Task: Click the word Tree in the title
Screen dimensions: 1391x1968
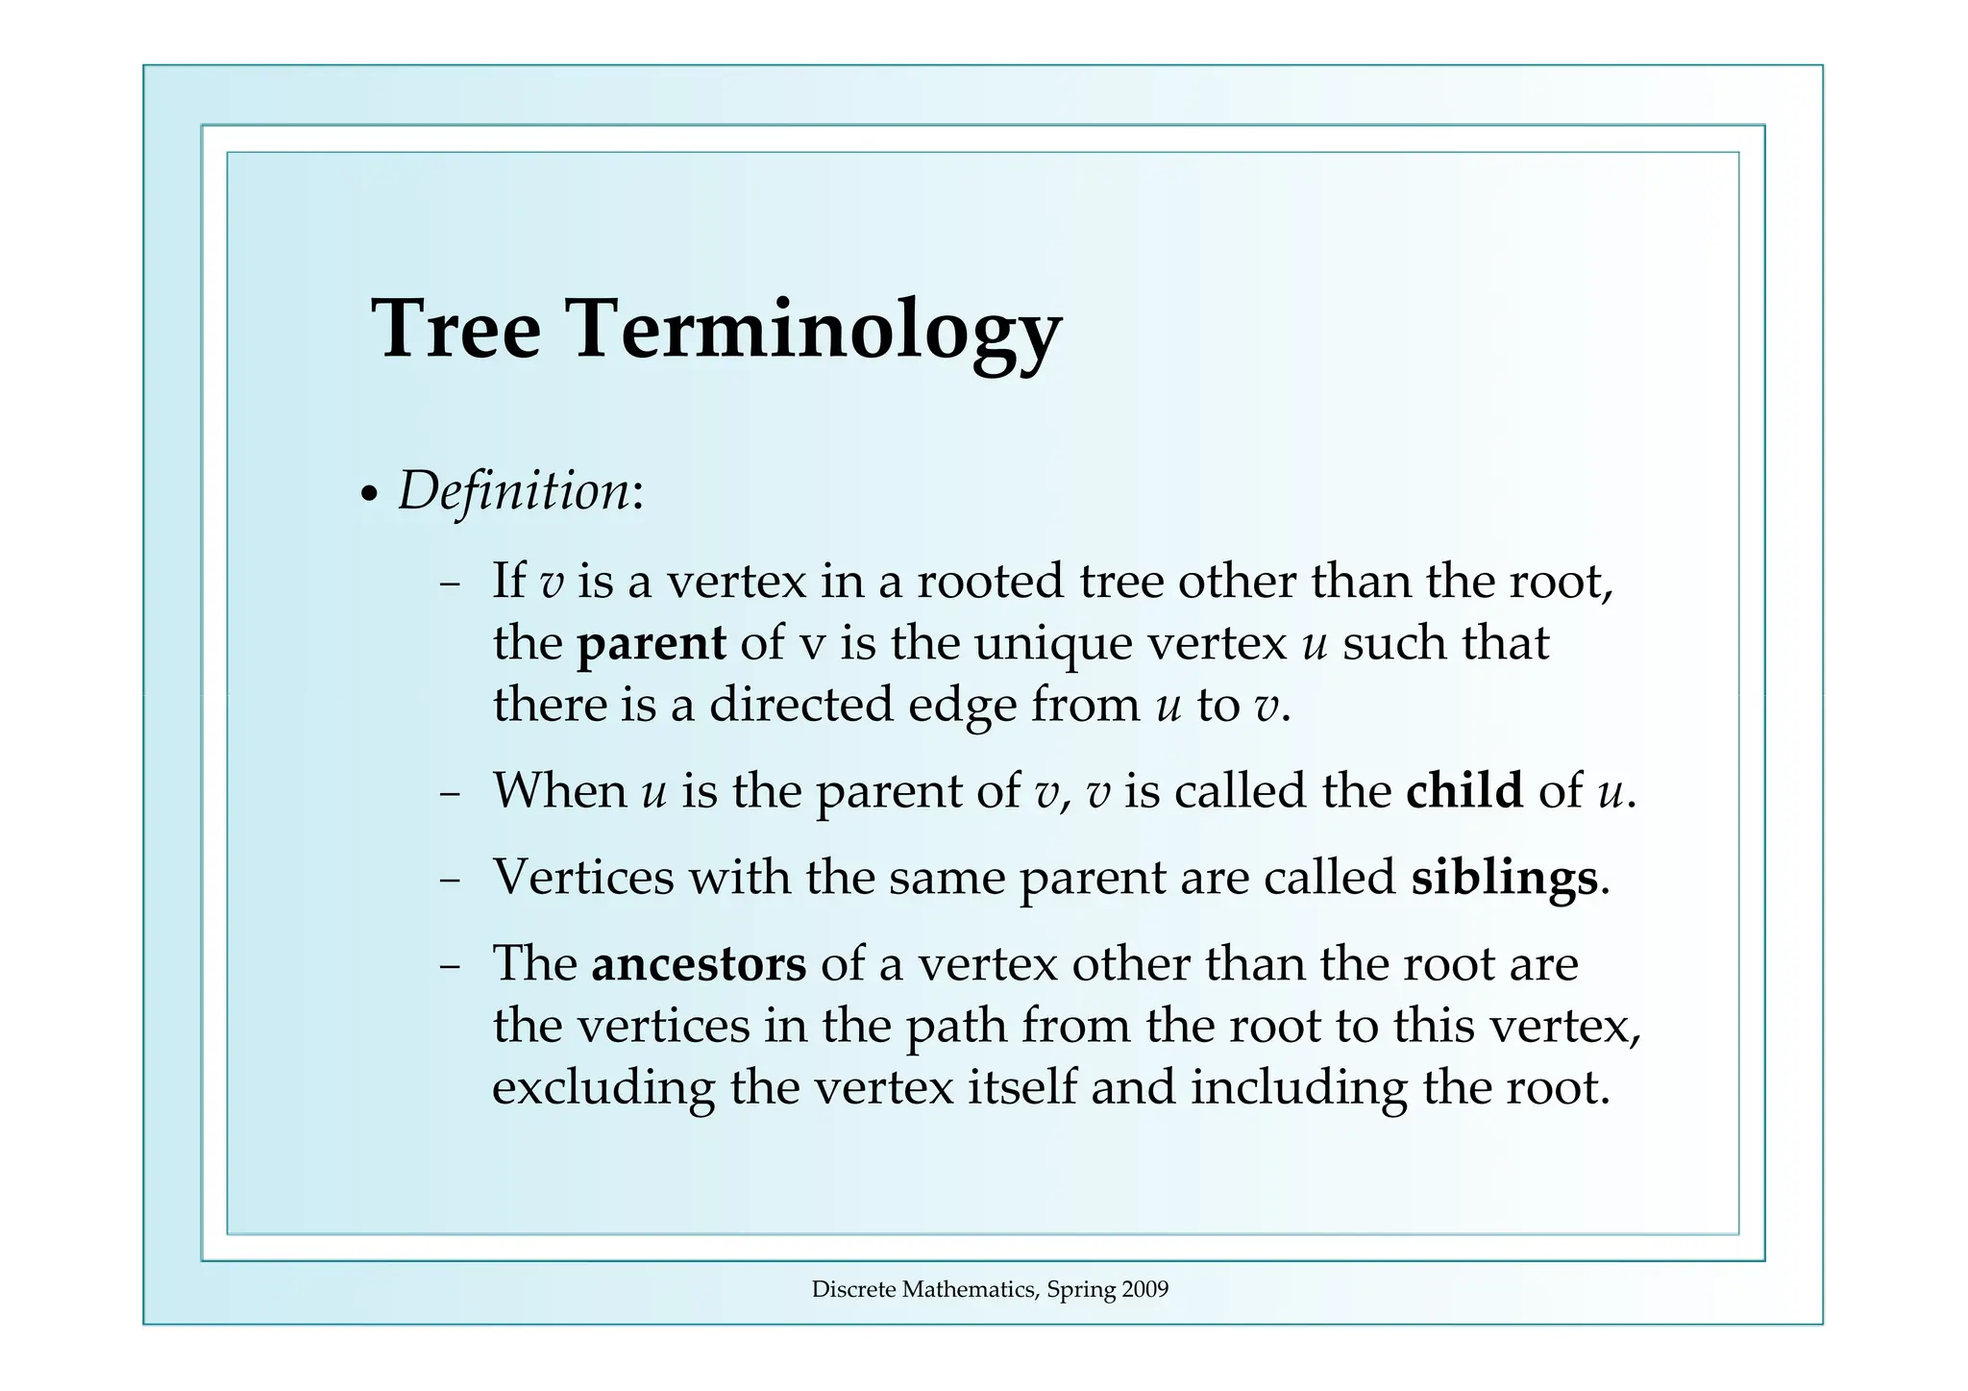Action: point(455,329)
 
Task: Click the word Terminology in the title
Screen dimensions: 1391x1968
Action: point(816,329)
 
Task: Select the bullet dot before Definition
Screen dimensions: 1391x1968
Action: point(368,497)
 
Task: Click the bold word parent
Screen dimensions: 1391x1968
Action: point(651,643)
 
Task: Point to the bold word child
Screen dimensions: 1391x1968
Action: point(1464,790)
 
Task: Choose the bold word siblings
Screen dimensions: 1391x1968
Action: point(1504,877)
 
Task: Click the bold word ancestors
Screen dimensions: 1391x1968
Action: point(699,963)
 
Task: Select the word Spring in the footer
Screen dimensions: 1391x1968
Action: point(1080,1290)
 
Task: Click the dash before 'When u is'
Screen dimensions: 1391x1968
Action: point(449,795)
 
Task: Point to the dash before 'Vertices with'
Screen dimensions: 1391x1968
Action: point(449,881)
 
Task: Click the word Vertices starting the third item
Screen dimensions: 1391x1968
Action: point(583,877)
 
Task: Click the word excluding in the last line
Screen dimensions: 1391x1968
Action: point(603,1087)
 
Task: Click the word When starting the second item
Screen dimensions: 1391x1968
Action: point(559,790)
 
